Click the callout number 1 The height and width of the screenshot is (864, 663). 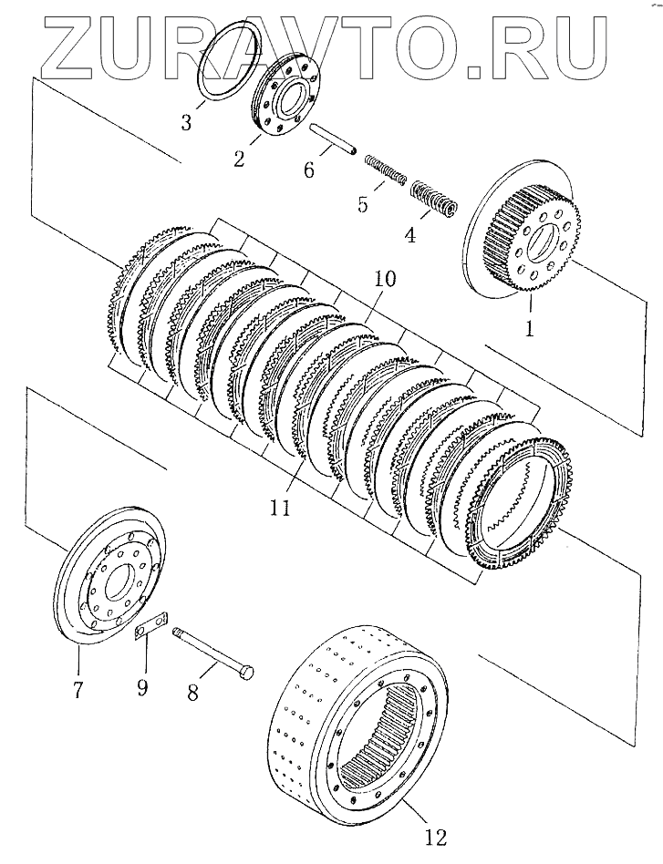[x=529, y=326]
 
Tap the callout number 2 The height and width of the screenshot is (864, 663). [x=239, y=159]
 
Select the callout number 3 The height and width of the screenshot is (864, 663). [x=186, y=121]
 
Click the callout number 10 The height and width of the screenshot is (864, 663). [x=385, y=280]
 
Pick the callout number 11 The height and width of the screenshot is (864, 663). [x=280, y=507]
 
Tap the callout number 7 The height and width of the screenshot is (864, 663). [x=78, y=690]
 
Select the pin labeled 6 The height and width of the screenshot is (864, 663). [x=334, y=139]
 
